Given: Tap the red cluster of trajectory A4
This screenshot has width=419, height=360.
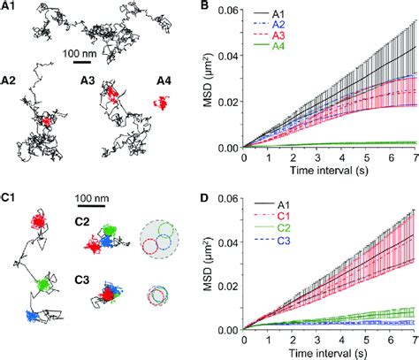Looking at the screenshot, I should coord(160,103).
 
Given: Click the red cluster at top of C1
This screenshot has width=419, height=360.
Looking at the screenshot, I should coord(41,221).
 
